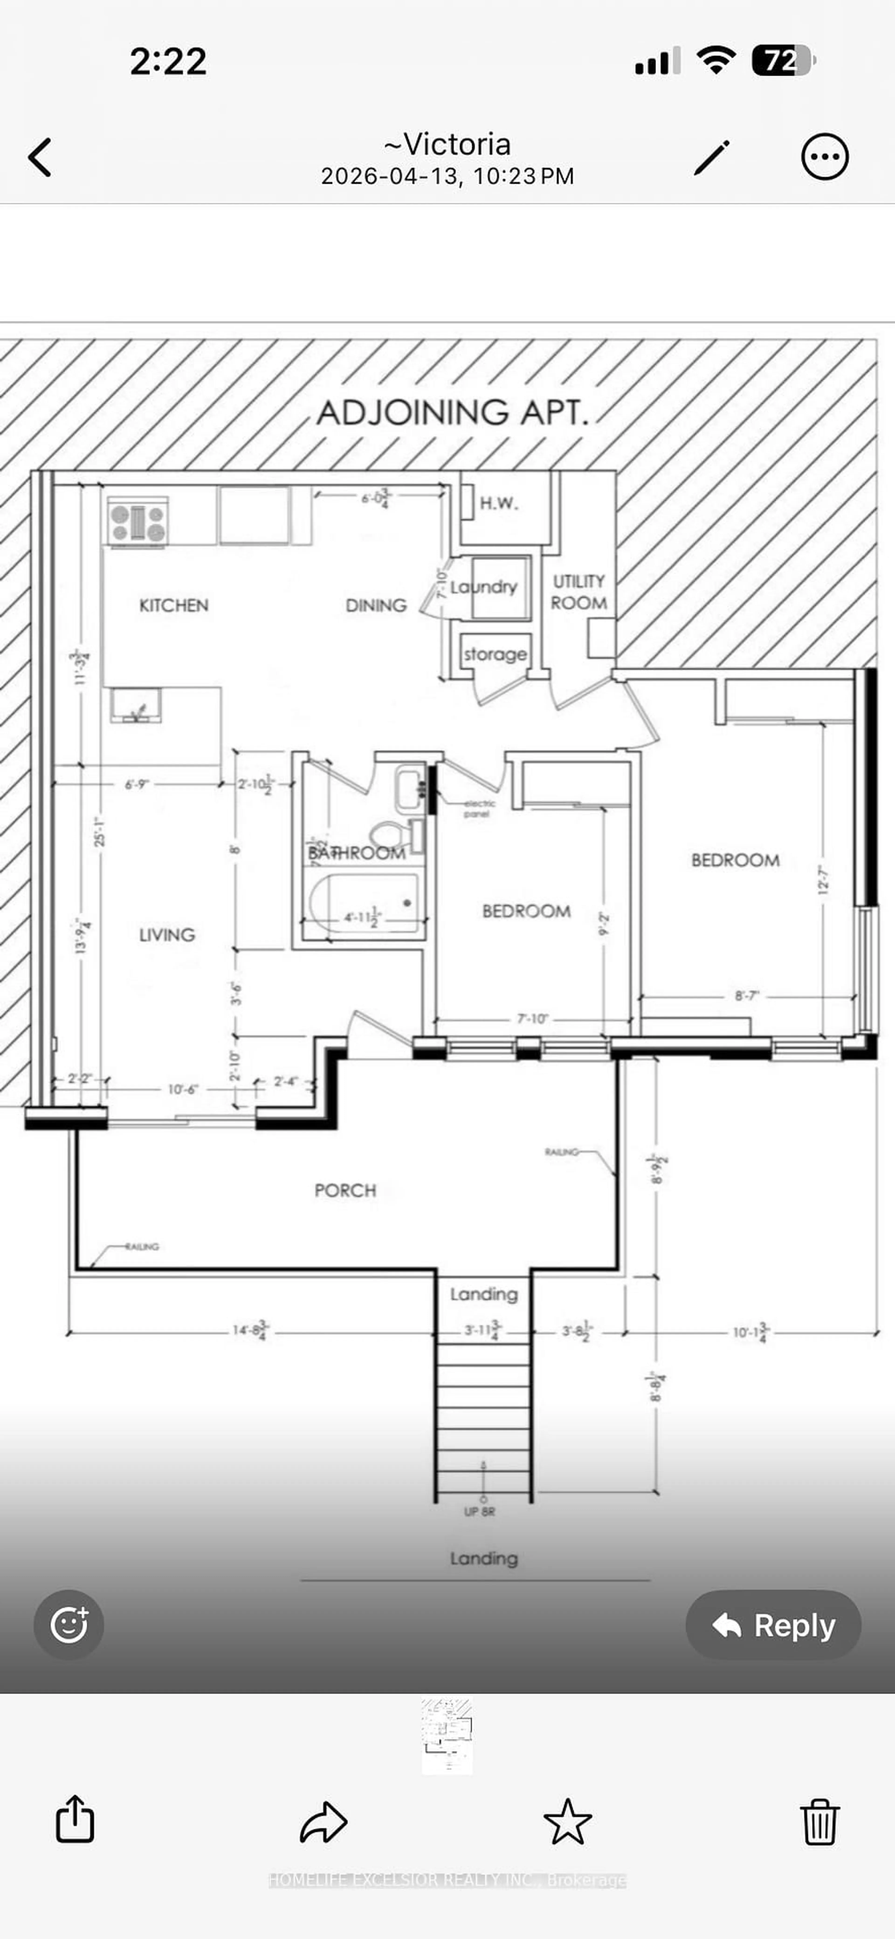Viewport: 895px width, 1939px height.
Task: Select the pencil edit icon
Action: pyautogui.click(x=711, y=157)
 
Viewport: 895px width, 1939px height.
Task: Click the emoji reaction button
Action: pyautogui.click(x=69, y=1624)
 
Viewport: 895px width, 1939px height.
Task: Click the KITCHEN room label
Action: pyautogui.click(x=174, y=605)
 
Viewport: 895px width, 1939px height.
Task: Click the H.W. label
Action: pyautogui.click(x=499, y=503)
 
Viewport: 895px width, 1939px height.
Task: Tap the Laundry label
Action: pyautogui.click(x=484, y=587)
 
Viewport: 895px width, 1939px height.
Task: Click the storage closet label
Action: pyautogui.click(x=495, y=654)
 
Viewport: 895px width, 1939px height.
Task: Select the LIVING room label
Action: pyautogui.click(x=167, y=935)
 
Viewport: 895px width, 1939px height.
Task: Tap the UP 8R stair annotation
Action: pyautogui.click(x=479, y=1511)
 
